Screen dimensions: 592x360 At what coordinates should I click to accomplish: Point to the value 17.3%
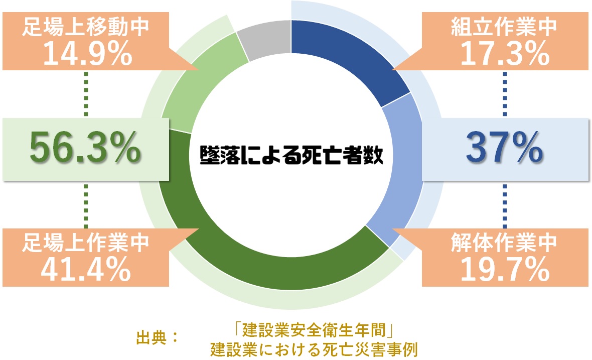[x=505, y=54]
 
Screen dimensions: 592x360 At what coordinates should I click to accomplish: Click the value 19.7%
[x=505, y=269]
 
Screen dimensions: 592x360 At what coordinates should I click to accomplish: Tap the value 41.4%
[x=86, y=269]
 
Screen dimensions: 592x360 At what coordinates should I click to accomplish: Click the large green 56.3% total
[x=85, y=148]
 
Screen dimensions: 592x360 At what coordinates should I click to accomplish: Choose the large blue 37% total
[x=504, y=148]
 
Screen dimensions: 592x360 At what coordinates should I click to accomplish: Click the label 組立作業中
[x=504, y=27]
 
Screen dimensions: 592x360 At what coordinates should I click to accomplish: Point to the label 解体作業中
[x=504, y=243]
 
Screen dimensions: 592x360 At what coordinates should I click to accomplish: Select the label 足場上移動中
[x=86, y=27]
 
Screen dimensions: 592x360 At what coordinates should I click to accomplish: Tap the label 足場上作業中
[x=86, y=243]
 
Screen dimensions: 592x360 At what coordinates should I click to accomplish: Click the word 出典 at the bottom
[x=151, y=338]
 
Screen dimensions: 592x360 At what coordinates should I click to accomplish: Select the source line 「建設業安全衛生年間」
[x=314, y=330]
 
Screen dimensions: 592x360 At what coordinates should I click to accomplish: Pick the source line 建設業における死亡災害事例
[x=314, y=350]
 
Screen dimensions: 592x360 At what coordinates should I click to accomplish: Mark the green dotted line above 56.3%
[x=86, y=94]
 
